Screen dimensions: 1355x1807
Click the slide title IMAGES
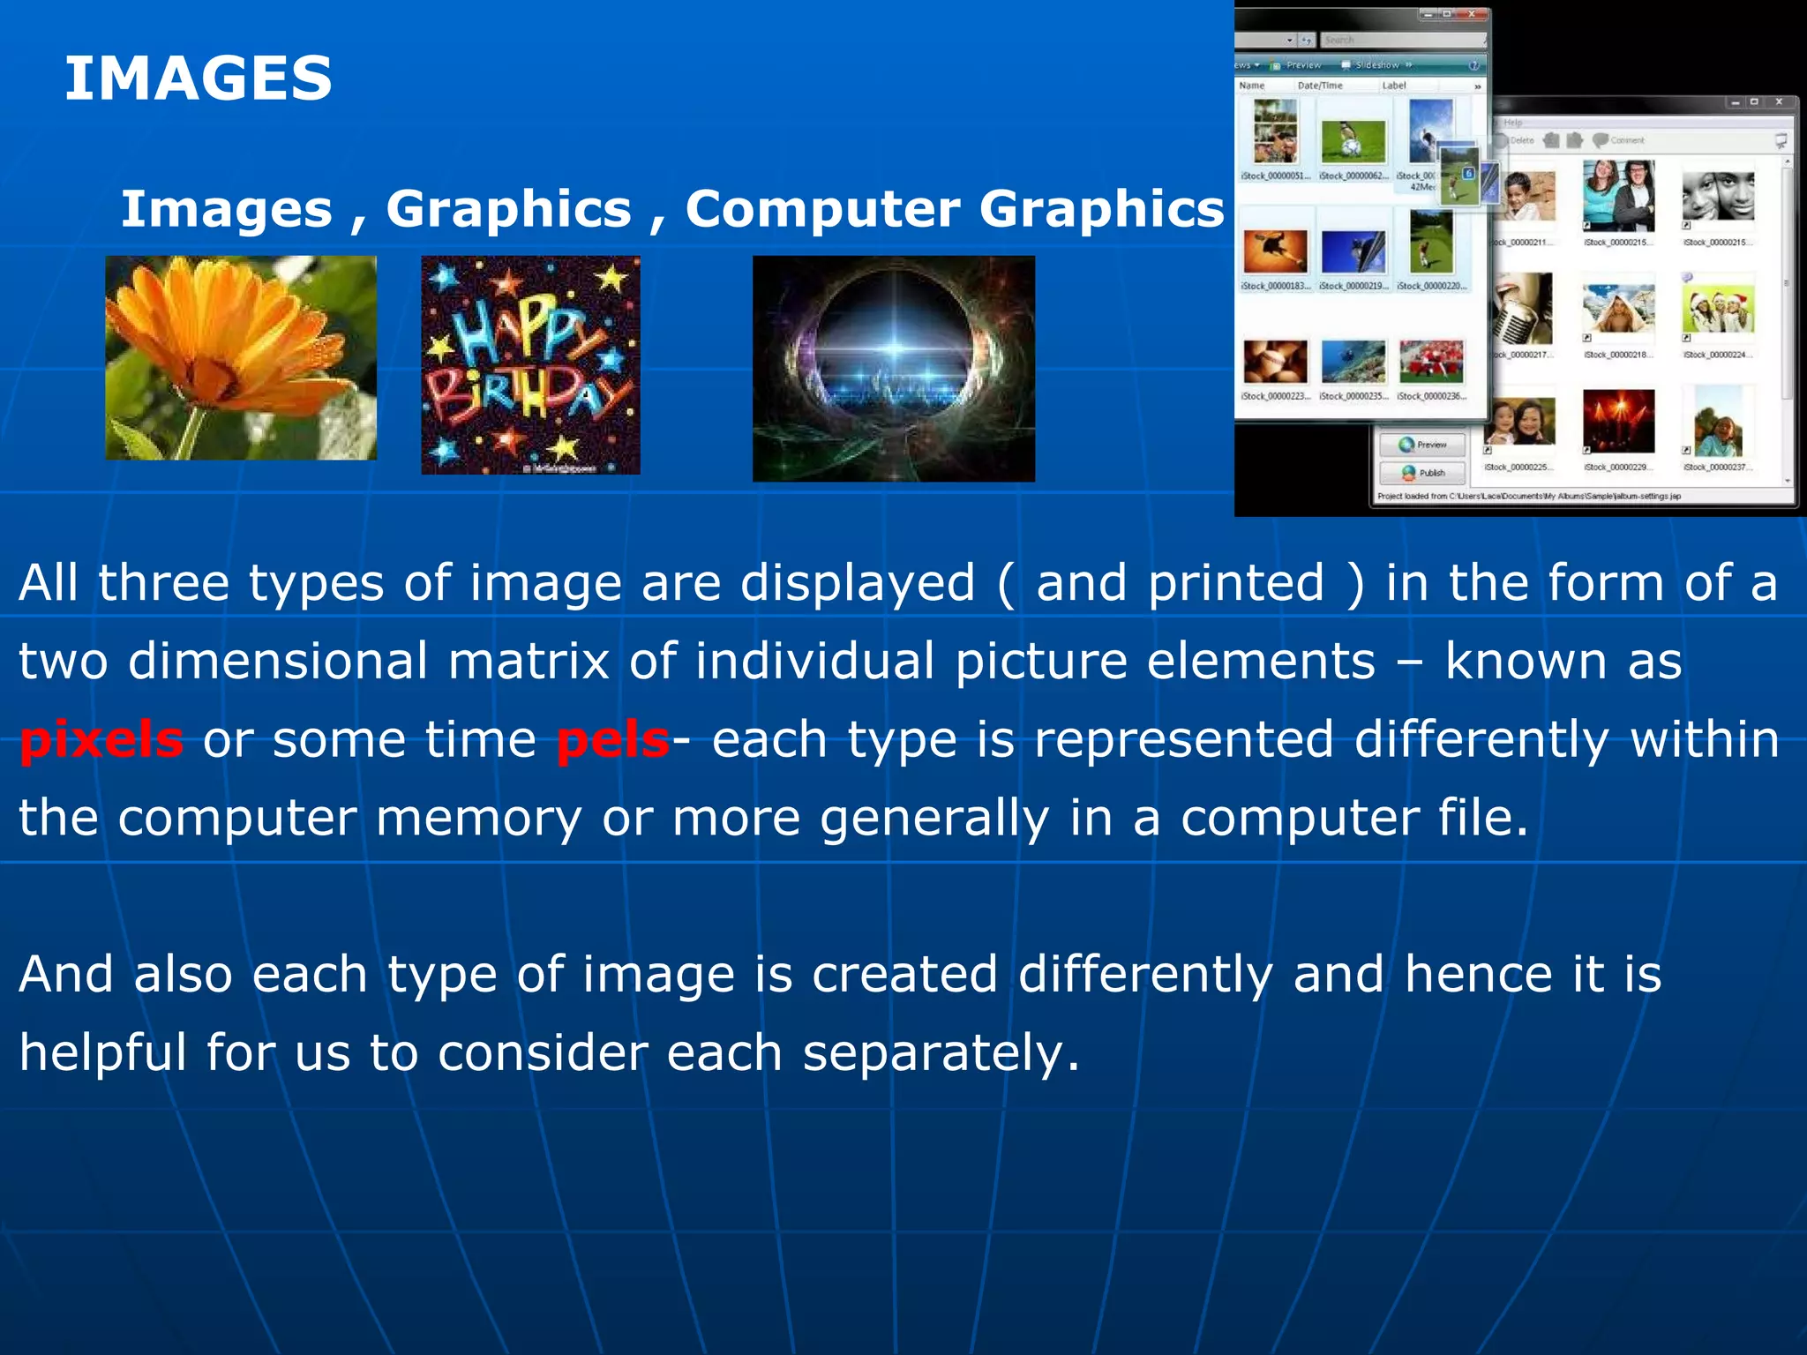point(198,78)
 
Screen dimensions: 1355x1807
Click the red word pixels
point(101,739)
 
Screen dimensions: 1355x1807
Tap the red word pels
point(612,739)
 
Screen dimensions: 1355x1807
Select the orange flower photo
point(241,357)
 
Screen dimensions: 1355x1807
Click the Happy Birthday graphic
point(530,365)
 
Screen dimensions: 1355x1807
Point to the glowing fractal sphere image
point(893,369)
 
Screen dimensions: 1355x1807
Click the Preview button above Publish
point(1422,445)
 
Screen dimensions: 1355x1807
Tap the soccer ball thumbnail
point(1353,140)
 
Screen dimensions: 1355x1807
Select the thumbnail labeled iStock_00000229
point(1618,422)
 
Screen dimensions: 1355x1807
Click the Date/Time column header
point(1320,86)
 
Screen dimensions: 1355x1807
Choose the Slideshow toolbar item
point(1376,65)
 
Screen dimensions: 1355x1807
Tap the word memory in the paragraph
point(478,818)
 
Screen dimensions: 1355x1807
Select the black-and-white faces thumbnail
point(1717,196)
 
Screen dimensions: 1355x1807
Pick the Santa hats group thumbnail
point(1717,308)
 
